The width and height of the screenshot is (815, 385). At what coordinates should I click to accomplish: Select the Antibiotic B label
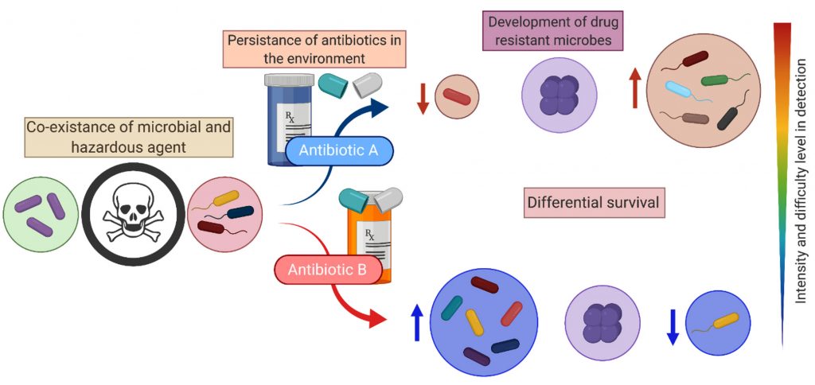pyautogui.click(x=327, y=270)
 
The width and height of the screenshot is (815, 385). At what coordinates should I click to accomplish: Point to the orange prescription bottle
pyautogui.click(x=369, y=239)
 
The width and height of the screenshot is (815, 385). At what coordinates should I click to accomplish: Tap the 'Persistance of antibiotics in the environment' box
pyautogui.click(x=315, y=49)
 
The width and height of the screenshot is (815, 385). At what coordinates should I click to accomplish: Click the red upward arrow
pyautogui.click(x=634, y=87)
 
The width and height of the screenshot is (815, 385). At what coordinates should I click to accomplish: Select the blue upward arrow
pyautogui.click(x=415, y=321)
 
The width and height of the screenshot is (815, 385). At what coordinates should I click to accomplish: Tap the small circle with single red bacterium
pyautogui.click(x=456, y=96)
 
